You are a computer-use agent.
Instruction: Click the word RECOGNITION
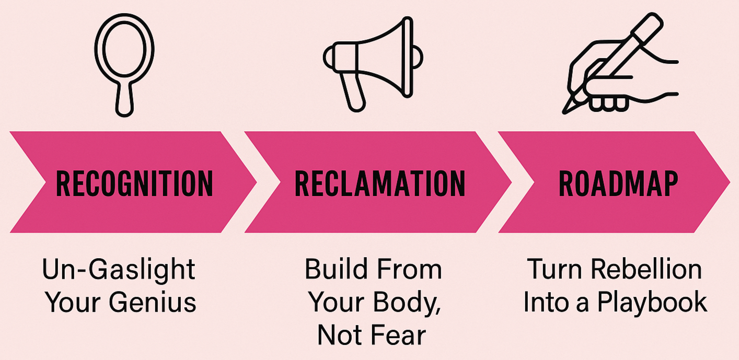tap(134, 184)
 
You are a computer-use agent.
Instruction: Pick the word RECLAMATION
tap(380, 184)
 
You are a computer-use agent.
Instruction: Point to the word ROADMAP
tap(618, 184)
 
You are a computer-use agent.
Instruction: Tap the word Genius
tap(153, 302)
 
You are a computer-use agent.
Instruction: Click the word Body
tap(408, 303)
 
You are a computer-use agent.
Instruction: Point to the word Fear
tap(398, 335)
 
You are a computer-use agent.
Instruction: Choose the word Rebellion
tap(646, 269)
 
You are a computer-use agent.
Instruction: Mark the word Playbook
tap(652, 303)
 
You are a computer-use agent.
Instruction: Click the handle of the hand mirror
tap(124, 99)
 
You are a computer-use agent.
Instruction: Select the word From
tap(409, 269)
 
